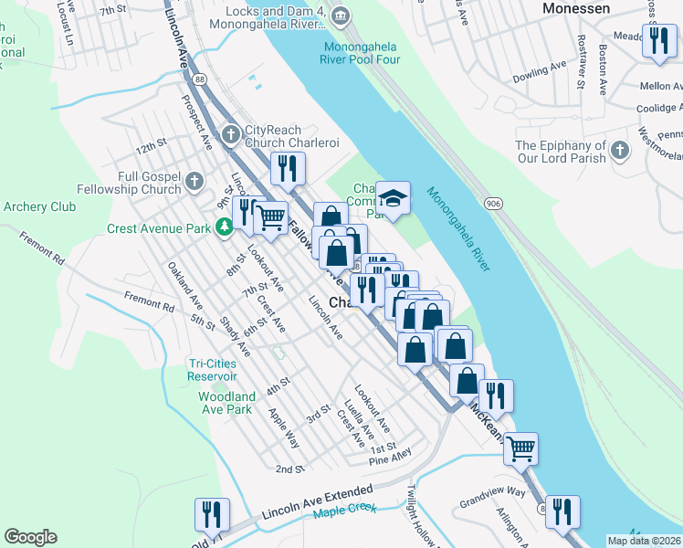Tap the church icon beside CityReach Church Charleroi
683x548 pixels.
coord(231,136)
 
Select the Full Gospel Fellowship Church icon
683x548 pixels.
coord(194,183)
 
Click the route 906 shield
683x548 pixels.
coord(494,203)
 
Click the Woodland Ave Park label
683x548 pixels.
coord(226,403)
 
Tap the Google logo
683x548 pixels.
coord(30,537)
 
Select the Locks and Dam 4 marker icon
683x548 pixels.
coord(340,14)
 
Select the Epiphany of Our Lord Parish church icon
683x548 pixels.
coord(619,149)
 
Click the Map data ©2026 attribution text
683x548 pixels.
coord(644,541)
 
